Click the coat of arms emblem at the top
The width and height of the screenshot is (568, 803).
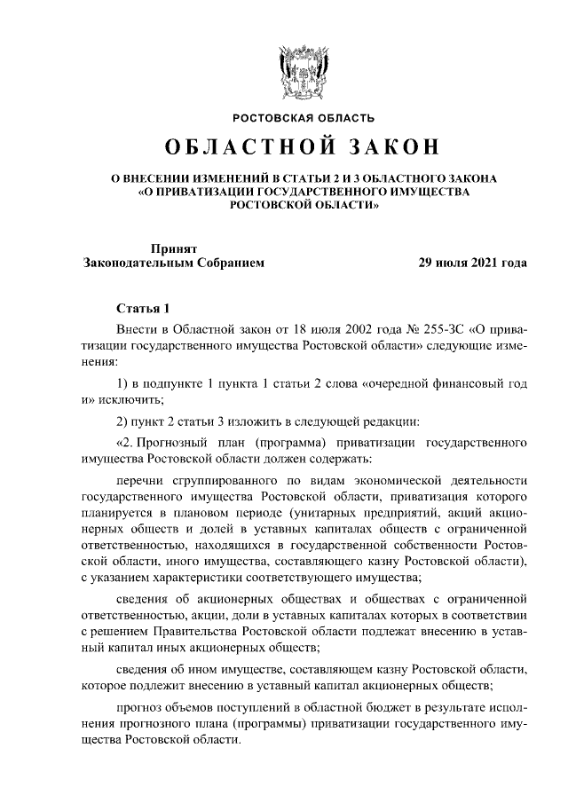pos(303,67)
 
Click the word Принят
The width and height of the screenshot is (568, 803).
pos(174,248)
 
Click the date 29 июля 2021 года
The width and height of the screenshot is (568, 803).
pos(472,264)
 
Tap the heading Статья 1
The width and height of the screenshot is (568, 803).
pos(142,309)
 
